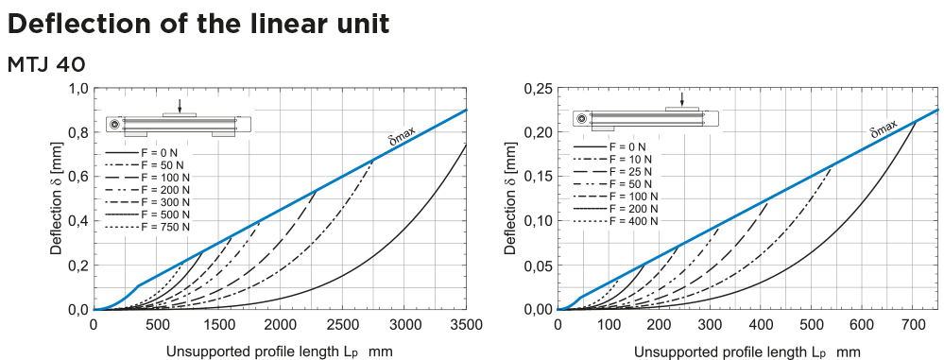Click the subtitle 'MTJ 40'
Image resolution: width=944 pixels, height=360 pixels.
pos(47,64)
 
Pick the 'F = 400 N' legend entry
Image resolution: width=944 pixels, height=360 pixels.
pos(630,220)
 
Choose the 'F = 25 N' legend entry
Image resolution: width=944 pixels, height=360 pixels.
pos(627,171)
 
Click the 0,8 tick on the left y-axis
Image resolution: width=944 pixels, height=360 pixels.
pos(75,132)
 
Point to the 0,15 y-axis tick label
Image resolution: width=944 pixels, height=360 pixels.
pos(534,177)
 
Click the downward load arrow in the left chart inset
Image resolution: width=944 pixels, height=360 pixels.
pos(180,106)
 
